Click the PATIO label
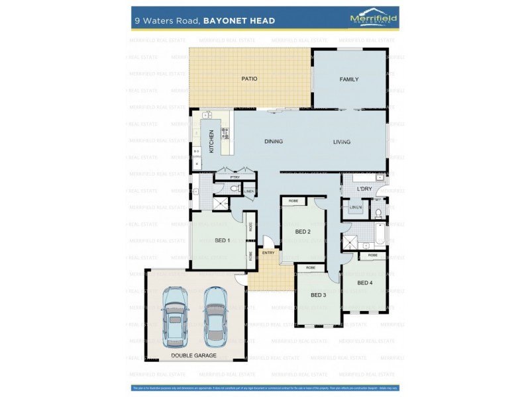(x=249, y=79)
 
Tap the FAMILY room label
(x=349, y=79)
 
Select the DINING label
(x=274, y=142)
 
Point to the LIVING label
(x=342, y=142)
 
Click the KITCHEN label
(x=211, y=141)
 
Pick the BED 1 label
(x=223, y=240)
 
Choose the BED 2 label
(x=303, y=232)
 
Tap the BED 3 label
(x=319, y=295)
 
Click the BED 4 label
(x=365, y=283)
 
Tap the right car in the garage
(x=215, y=316)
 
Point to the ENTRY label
(x=268, y=253)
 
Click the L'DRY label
(x=364, y=190)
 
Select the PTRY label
(x=235, y=178)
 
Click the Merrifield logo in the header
(x=373, y=19)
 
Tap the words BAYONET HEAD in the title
(x=240, y=21)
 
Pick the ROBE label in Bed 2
(x=293, y=200)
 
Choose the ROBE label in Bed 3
(x=310, y=268)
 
